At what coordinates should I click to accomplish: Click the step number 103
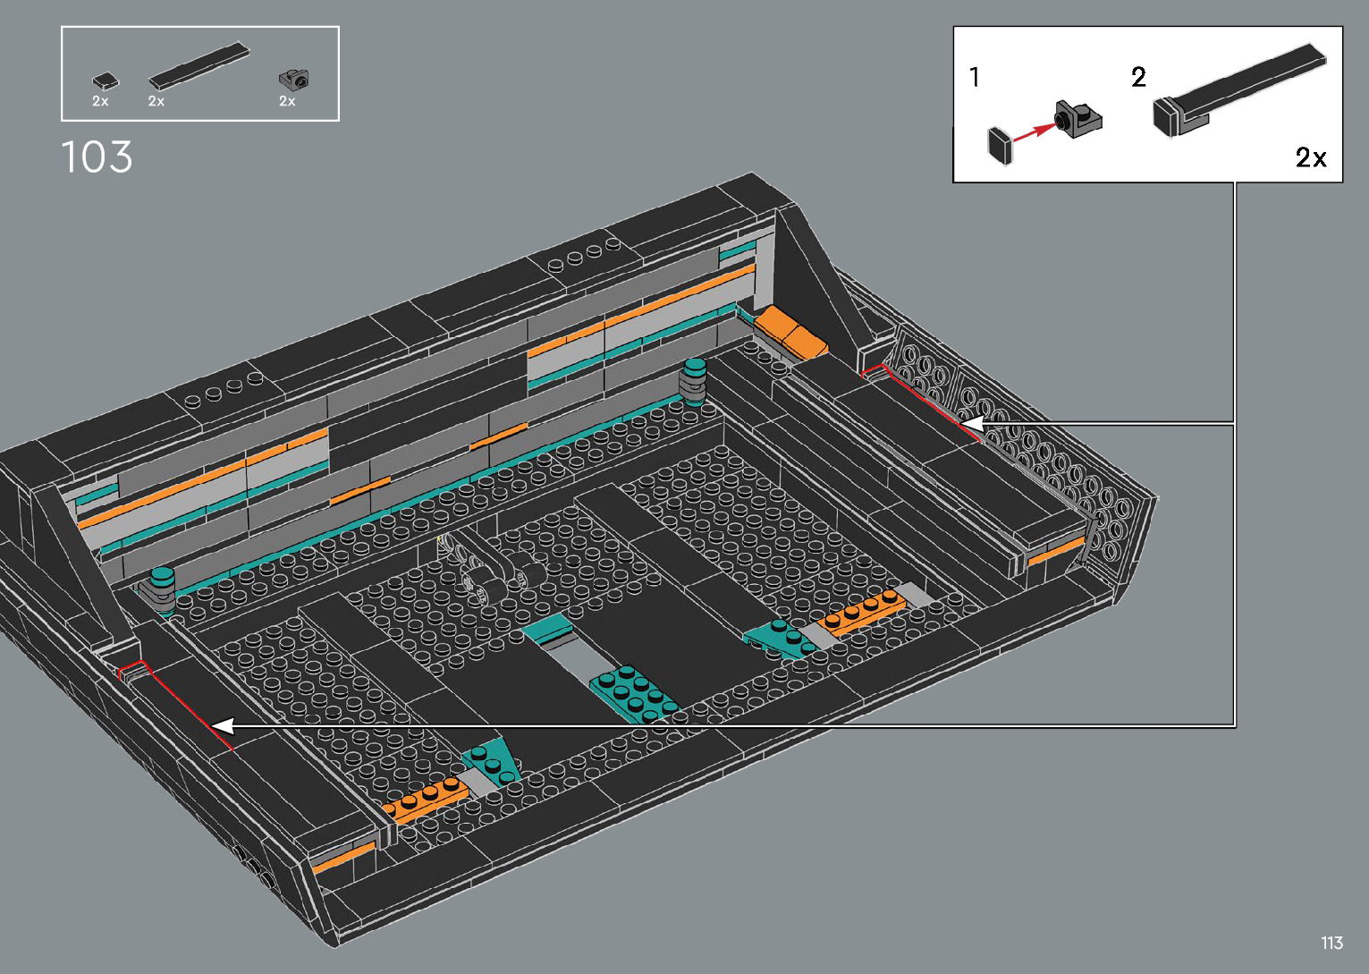click(x=97, y=157)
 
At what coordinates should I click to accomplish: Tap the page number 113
click(x=1331, y=943)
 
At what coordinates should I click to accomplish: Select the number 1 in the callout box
click(x=975, y=78)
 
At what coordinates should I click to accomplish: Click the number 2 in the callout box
click(x=1138, y=77)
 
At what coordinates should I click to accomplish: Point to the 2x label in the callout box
click(x=1310, y=157)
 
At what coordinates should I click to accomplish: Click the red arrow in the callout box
click(x=1034, y=131)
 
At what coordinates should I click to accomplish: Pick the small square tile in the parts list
click(x=106, y=81)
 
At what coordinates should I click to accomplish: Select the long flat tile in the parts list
click(x=199, y=65)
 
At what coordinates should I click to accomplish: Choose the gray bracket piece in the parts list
click(x=293, y=80)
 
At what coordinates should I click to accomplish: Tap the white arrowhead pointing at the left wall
click(x=222, y=725)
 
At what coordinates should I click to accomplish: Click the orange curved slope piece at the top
click(x=791, y=331)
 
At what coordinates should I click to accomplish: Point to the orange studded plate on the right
click(x=859, y=614)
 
